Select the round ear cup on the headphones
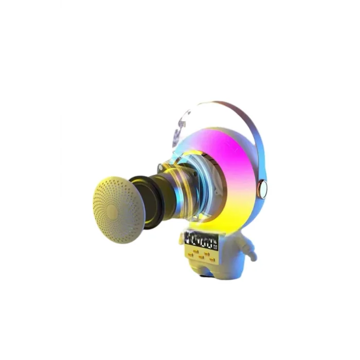(x=264, y=188)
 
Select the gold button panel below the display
(x=198, y=255)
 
